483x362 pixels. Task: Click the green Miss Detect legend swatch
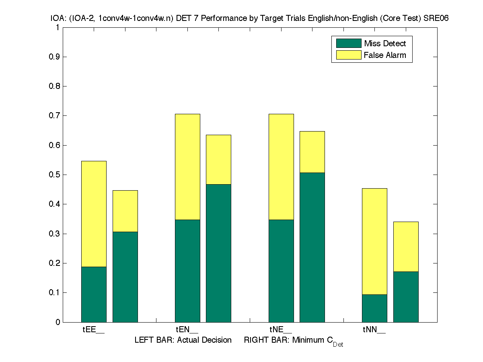346,43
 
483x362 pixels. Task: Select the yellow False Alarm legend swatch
346,55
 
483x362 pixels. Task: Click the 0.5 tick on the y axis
54,175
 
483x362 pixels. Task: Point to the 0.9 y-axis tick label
54,57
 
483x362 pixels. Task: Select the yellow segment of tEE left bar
94,214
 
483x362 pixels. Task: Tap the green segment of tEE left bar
94,294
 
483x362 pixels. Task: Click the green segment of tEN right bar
218,253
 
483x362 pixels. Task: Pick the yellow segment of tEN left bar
187,167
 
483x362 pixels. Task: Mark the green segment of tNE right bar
312,247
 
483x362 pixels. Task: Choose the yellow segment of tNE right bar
312,152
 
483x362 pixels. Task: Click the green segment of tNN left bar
374,308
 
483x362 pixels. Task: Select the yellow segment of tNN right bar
406,247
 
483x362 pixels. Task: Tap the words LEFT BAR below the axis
151,340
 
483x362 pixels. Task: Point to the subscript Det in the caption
338,344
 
